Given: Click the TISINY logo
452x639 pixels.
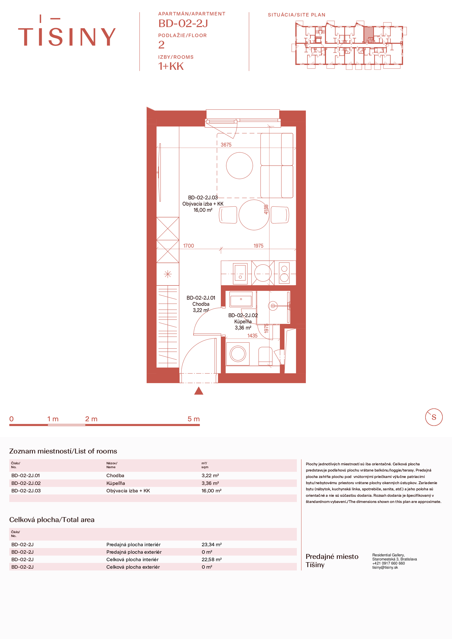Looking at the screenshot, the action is pos(67,31).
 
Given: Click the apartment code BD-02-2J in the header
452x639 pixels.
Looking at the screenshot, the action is pos(183,23).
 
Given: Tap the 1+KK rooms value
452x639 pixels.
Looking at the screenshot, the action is pos(171,66).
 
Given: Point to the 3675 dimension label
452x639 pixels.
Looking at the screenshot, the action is pos(226,145).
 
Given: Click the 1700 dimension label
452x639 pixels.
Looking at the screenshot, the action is pos(188,246).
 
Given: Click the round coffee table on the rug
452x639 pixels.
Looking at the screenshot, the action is pos(239,166).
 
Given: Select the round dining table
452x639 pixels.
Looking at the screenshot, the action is pos(254,215).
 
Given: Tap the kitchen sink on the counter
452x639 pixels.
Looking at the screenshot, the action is pos(240,273).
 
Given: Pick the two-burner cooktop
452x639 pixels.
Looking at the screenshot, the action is pos(284,273).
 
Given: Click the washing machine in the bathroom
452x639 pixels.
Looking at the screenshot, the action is pos(238,354).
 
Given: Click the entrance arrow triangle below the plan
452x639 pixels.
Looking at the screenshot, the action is pos(199,391).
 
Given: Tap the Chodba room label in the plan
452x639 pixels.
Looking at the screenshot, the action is pos(201,304).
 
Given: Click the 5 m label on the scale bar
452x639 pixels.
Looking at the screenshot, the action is pos(194,419).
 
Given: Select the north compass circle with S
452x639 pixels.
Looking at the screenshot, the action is pos(434,417).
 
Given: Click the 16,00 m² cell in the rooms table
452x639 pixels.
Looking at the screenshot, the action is pos(212,491).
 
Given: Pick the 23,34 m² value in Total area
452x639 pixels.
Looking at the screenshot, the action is pos(212,544).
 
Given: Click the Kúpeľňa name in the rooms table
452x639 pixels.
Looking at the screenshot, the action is pos(115,483).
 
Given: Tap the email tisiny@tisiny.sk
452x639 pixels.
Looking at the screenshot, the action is pos(385,567).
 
